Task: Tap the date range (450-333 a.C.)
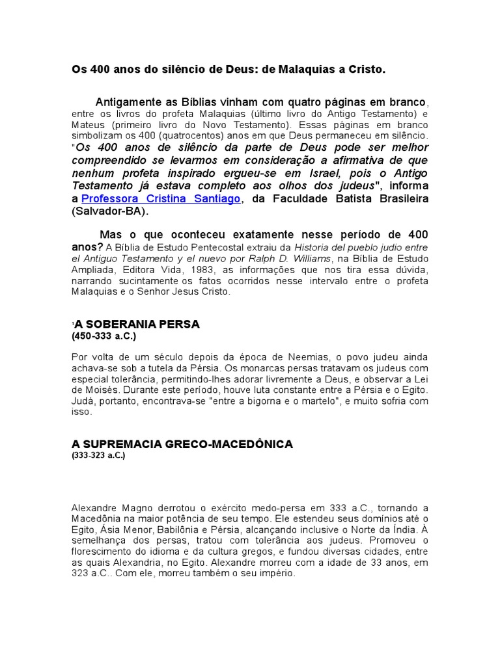[x=104, y=336]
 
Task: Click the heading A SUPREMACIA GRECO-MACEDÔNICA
[x=182, y=444]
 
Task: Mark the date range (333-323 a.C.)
[x=98, y=456]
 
